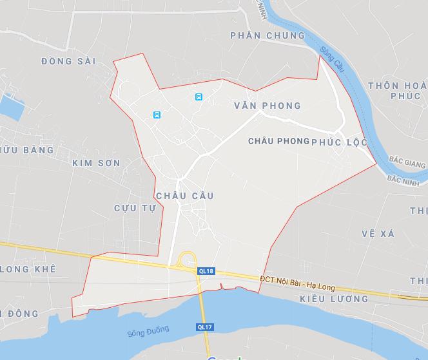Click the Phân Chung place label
coord(267,35)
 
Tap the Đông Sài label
coord(68,61)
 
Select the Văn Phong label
coord(267,106)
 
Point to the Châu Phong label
coord(278,141)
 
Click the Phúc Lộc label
coord(339,142)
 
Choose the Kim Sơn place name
coord(96,163)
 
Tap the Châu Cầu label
coord(184,196)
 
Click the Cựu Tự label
coord(135,208)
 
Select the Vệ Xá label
coord(378,234)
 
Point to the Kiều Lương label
coord(334,299)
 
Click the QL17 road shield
coord(204,327)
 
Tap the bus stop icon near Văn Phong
coord(199,97)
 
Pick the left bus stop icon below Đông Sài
coord(157,115)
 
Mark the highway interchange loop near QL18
coord(188,259)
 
